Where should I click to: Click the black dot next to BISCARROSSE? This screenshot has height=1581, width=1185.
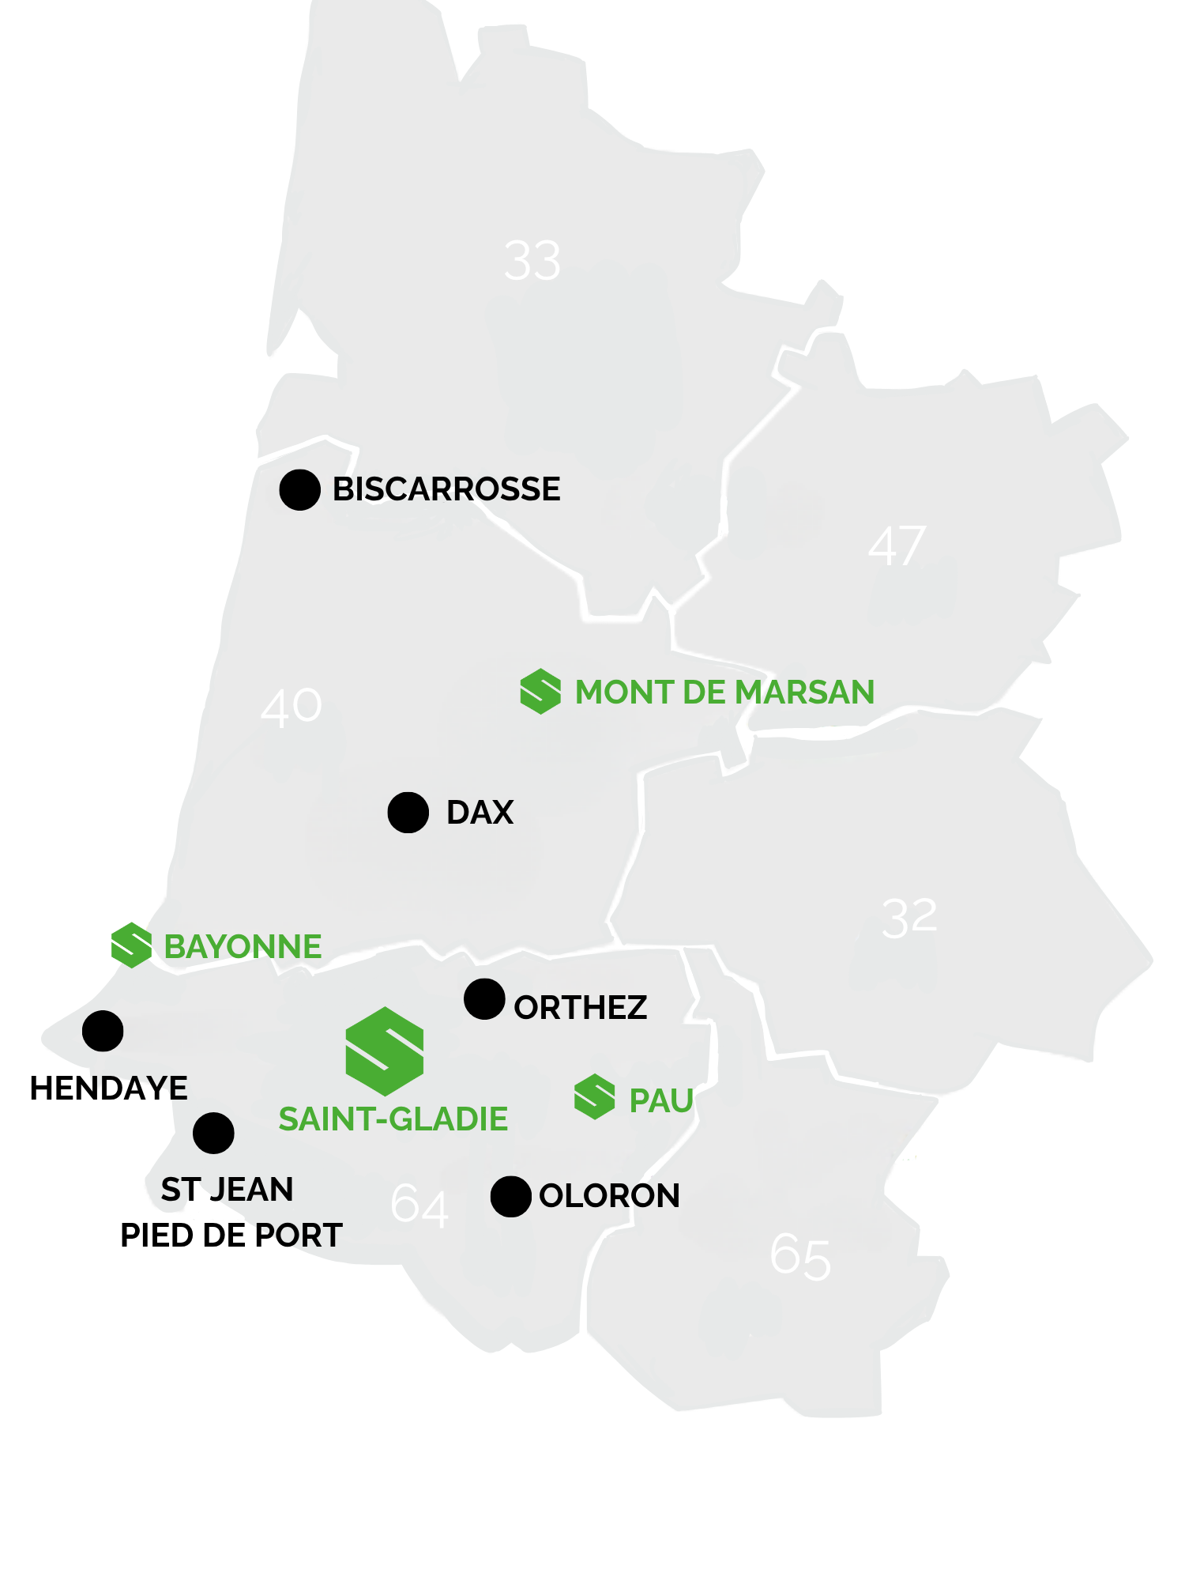coord(299,489)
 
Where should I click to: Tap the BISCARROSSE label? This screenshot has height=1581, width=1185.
coord(446,489)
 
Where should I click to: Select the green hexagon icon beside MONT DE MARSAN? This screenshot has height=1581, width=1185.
coord(540,691)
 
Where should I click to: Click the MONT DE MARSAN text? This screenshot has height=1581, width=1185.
coord(724,692)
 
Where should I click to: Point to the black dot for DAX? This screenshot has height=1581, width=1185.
coord(408,813)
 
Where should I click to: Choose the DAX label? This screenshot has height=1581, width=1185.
coord(480,813)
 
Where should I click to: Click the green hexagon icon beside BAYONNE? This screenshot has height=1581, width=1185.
coord(131,945)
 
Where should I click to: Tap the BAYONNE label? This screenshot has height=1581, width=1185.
coord(243,947)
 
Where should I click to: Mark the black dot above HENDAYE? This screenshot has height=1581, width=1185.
coord(103,1031)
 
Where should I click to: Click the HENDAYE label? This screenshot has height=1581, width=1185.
coord(108,1089)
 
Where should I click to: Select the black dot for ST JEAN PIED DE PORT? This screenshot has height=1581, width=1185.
coord(213,1133)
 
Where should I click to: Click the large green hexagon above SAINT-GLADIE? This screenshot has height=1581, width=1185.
coord(385,1051)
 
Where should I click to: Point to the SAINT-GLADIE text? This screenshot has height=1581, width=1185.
coord(393,1119)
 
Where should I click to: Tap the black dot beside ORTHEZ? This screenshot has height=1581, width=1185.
coord(484,999)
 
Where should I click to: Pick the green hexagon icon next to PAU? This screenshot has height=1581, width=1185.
coord(594,1097)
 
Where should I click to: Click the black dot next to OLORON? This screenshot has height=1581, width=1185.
coord(510,1196)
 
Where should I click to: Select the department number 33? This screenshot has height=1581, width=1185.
coord(532,261)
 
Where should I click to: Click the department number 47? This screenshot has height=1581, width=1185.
coord(897,545)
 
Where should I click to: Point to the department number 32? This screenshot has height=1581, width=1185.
coord(909,918)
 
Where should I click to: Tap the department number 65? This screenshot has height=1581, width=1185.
coord(800,1257)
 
